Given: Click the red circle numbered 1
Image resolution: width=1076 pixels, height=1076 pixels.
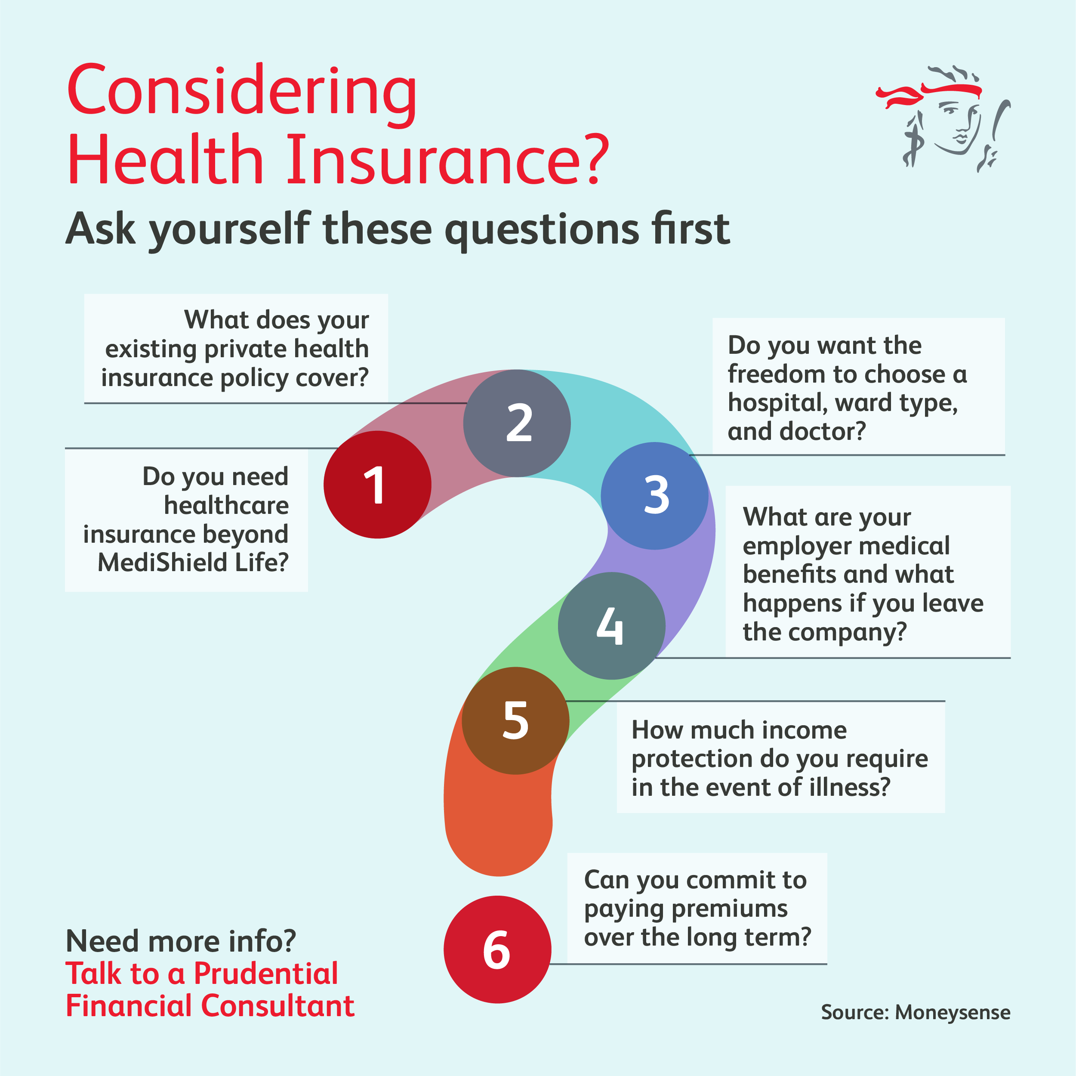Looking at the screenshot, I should (377, 484).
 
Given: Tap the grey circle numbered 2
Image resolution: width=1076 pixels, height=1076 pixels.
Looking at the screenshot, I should (517, 423).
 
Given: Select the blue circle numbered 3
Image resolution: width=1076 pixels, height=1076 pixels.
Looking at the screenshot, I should (654, 495).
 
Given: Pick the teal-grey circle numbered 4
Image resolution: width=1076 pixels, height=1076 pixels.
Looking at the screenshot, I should (611, 626).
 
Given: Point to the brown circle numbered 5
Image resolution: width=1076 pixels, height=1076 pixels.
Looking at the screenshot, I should (515, 720).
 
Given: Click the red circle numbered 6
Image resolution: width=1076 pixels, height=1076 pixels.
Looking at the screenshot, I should (497, 949).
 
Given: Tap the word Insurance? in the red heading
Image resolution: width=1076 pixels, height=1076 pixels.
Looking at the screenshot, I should (447, 160).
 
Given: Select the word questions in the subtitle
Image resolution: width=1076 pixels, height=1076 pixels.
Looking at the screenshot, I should (541, 229).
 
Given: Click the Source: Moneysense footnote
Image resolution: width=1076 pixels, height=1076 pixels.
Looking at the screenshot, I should (915, 1012).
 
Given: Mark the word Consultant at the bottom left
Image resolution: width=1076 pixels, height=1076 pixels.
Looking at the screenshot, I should (277, 1006).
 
